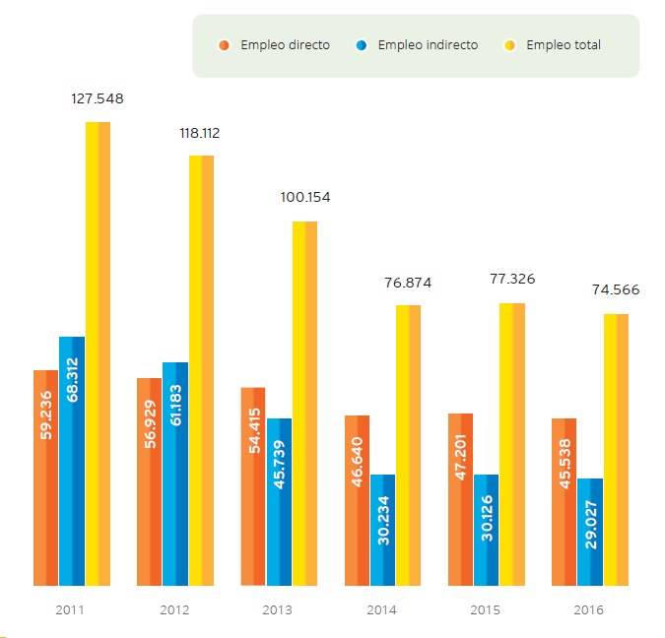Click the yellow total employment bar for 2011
pyautogui.click(x=98, y=354)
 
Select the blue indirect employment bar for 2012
pyautogui.click(x=174, y=474)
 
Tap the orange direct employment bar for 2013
pyautogui.click(x=253, y=486)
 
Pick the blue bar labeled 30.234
pyautogui.click(x=382, y=530)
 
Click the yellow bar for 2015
pyautogui.click(x=512, y=444)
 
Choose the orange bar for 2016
pyautogui.click(x=564, y=502)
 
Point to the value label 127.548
pyautogui.click(x=98, y=98)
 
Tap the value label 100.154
pyautogui.click(x=303, y=197)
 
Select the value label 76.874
pyautogui.click(x=407, y=283)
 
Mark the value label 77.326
pyautogui.click(x=511, y=279)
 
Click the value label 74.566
pyautogui.click(x=616, y=289)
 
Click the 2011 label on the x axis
pyautogui.click(x=70, y=610)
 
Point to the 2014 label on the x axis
pyautogui.click(x=381, y=610)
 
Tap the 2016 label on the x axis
pyautogui.click(x=589, y=610)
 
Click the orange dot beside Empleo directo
pyautogui.click(x=225, y=44)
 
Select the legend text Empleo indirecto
pyautogui.click(x=428, y=44)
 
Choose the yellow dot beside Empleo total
pyautogui.click(x=510, y=44)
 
